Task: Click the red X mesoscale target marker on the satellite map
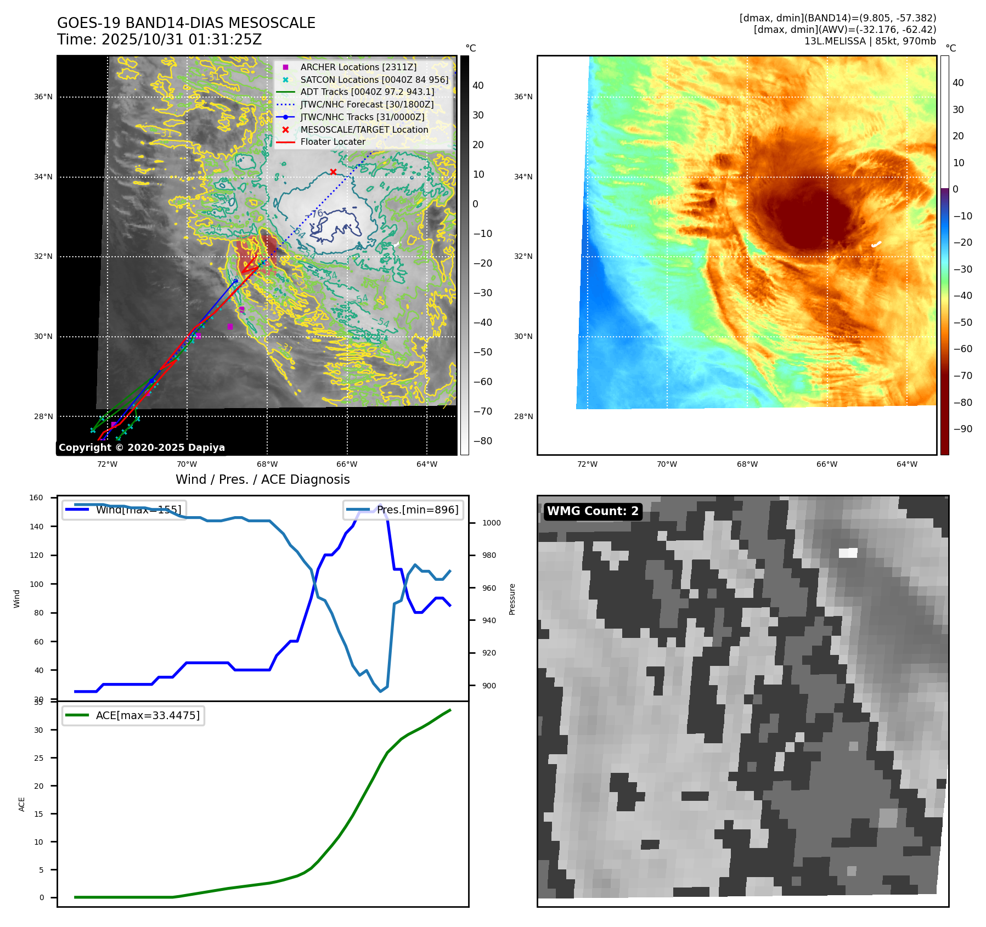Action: (333, 172)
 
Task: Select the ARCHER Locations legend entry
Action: (358, 67)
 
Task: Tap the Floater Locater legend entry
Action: (333, 142)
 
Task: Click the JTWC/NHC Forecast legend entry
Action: (367, 104)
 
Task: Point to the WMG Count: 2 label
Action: (593, 511)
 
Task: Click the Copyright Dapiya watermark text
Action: (142, 448)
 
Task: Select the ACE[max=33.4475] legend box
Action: (133, 715)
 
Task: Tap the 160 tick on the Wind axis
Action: (36, 498)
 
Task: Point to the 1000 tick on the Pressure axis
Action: (491, 523)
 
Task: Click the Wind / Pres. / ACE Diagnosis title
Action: (262, 479)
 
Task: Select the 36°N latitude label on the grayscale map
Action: (43, 97)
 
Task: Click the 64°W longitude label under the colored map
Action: (906, 464)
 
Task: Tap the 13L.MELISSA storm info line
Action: (870, 41)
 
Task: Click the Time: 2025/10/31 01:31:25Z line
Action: (159, 40)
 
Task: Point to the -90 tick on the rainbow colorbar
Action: (962, 429)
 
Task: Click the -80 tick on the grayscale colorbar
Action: (483, 441)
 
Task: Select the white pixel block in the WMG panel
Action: (848, 553)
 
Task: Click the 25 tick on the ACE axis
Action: (38, 758)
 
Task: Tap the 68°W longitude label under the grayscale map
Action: (267, 464)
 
